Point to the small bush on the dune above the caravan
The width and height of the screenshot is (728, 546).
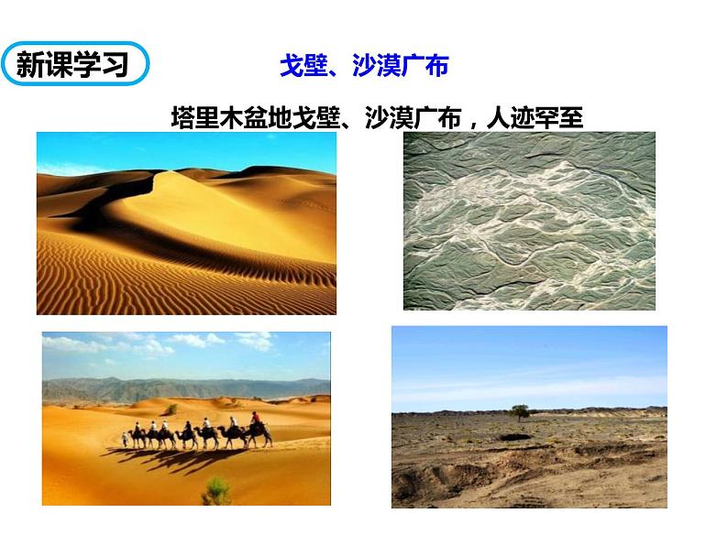click(171, 409)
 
